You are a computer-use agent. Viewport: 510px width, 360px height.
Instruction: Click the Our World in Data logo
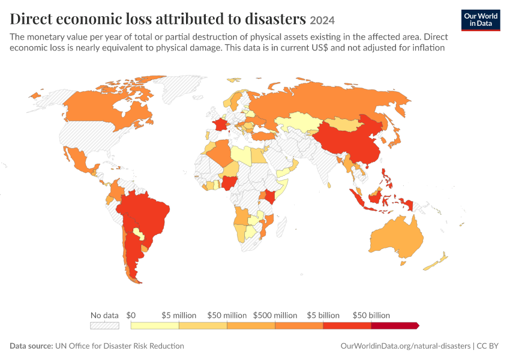pos(481,20)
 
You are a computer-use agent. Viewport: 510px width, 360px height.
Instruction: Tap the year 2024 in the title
pos(322,20)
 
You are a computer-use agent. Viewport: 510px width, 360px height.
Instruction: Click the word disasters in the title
pos(275,19)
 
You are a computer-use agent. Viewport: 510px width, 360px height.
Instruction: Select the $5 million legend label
pos(179,315)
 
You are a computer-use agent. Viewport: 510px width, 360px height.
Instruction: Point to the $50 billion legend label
pos(371,315)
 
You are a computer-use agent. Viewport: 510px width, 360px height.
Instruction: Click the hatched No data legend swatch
pos(105,326)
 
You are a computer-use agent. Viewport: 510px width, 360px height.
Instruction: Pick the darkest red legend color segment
pos(395,326)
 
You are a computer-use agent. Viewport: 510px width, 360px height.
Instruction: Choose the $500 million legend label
pos(275,315)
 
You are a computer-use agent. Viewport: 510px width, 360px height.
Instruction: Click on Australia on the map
pos(396,238)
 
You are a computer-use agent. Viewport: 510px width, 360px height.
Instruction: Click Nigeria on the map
pos(229,183)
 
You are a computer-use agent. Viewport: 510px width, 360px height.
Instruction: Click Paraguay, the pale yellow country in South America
pos(139,233)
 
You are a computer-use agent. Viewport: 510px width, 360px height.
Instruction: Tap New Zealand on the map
pos(436,262)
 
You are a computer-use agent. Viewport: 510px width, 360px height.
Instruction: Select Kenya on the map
pos(270,196)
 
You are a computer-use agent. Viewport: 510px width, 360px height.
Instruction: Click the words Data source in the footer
pos(31,346)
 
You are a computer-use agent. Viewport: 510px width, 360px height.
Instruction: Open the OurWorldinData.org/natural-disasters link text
pos(405,346)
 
